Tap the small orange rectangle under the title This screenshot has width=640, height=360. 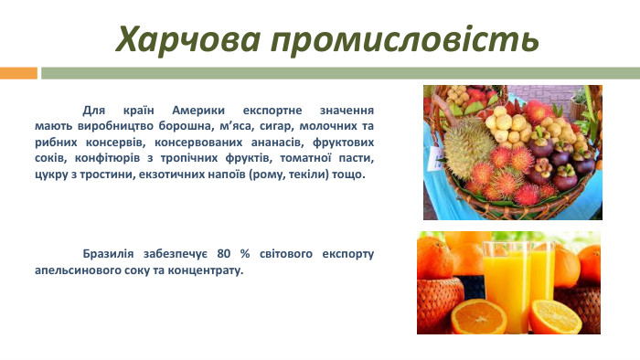click(x=18, y=72)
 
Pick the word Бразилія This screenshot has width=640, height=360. click(x=113, y=253)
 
